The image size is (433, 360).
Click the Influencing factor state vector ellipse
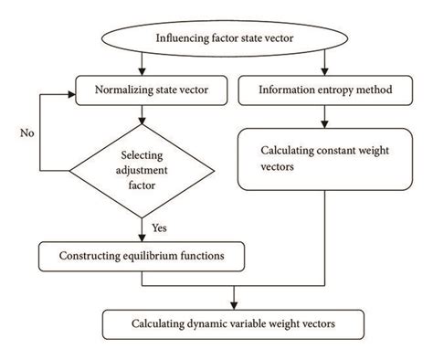click(217, 38)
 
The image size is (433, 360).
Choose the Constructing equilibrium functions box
click(143, 256)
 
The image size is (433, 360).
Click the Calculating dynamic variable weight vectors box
click(234, 323)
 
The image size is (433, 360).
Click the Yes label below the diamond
click(160, 226)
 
